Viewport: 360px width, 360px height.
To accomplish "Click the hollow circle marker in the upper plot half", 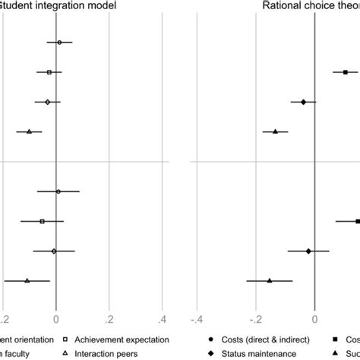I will pos(59,43).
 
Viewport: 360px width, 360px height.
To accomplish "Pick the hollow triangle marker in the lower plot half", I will pos(27,281).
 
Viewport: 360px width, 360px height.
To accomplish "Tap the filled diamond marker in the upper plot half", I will pos(303,102).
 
